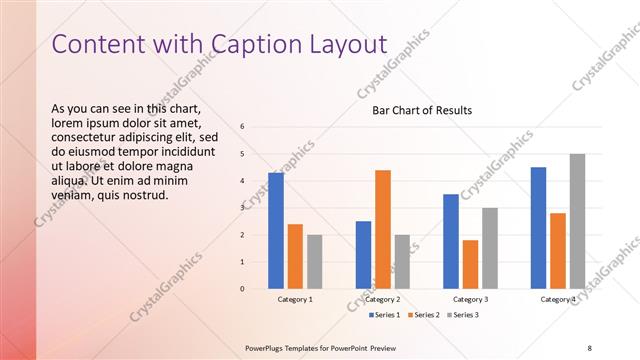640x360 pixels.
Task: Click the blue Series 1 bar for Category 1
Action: tap(275, 230)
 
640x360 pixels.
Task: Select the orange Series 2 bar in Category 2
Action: tap(383, 229)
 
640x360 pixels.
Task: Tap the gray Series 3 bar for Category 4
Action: tap(577, 221)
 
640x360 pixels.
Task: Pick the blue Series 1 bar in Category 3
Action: tap(451, 241)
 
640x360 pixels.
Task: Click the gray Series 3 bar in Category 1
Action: tap(314, 261)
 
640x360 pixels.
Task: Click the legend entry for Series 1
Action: tap(385, 316)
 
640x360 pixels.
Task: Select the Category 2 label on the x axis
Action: tap(383, 299)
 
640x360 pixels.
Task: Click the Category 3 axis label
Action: tap(470, 299)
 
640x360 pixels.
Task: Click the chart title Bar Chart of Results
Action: tap(422, 110)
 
